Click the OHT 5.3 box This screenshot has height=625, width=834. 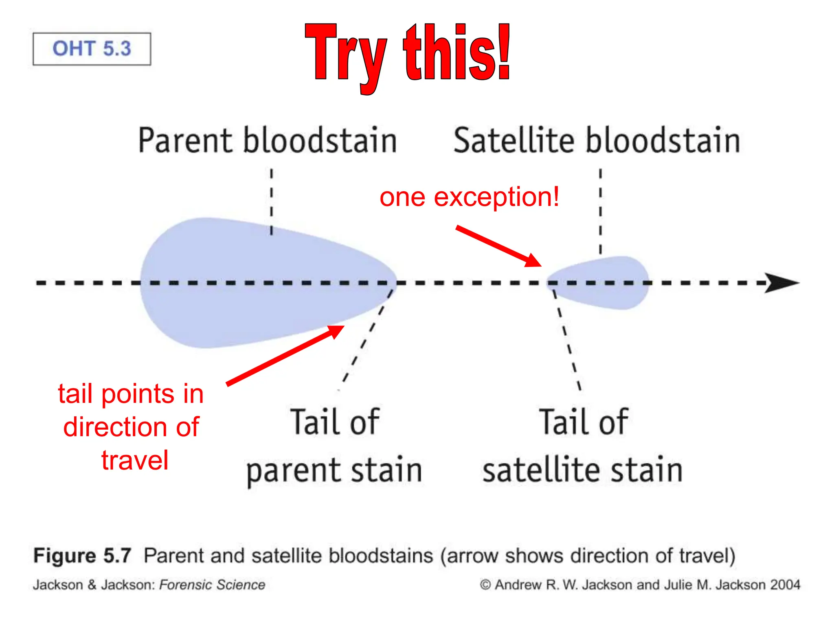[92, 49]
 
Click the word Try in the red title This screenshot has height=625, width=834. [345, 55]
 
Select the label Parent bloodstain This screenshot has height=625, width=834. [267, 140]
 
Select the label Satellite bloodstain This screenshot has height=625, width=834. [597, 140]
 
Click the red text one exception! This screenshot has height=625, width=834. [469, 197]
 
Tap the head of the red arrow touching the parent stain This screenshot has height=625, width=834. [336, 330]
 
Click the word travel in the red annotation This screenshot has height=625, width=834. [134, 460]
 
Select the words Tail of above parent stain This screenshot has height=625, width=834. [335, 422]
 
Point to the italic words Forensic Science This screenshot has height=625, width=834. [212, 585]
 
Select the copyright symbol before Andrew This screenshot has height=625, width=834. [485, 585]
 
